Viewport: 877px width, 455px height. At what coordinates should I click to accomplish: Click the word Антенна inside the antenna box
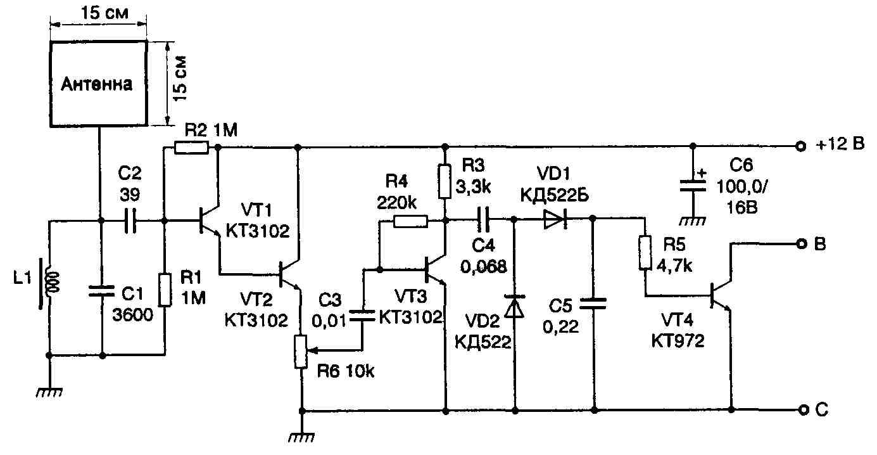pos(96,84)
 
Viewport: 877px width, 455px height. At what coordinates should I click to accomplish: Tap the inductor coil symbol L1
pos(50,282)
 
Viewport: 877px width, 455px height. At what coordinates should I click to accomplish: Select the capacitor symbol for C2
pos(130,221)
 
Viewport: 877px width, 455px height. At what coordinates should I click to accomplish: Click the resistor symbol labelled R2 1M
pos(191,148)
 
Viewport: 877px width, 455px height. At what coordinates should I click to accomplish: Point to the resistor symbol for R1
pos(165,290)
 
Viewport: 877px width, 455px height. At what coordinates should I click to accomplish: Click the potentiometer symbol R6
pos(301,352)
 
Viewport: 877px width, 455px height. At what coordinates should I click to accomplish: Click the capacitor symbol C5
pos(593,304)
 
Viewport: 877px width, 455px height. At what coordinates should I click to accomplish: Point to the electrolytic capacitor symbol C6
pos(693,185)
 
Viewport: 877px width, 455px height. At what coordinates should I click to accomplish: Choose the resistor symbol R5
pos(645,253)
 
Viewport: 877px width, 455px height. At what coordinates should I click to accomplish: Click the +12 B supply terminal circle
pos(802,146)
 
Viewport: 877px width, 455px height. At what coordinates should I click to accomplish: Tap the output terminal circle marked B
pos(802,244)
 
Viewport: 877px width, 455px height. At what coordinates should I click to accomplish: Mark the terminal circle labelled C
pos(803,410)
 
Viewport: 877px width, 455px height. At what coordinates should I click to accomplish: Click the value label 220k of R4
pos(396,203)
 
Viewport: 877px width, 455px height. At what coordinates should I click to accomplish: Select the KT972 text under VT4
pos(678,341)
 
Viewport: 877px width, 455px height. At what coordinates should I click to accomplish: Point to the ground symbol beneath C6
pos(692,222)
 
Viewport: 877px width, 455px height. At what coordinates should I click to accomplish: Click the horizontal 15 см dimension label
pos(104,13)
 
